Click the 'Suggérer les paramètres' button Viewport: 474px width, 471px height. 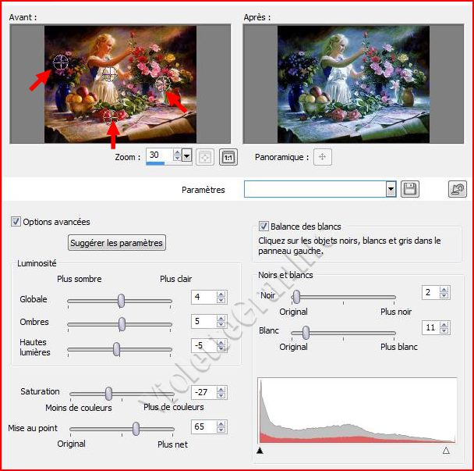[117, 243]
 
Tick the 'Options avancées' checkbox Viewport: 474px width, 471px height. [16, 222]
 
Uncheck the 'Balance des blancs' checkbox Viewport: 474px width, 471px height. [264, 227]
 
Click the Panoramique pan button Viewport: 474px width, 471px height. [322, 157]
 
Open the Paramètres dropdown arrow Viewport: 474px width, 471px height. [391, 189]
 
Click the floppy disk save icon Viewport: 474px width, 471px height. [410, 189]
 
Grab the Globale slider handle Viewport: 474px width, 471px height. [121, 301]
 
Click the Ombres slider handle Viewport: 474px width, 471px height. [122, 324]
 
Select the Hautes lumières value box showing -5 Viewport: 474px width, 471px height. [203, 345]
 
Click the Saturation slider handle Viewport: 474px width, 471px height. [108, 394]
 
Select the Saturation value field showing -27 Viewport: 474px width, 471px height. [204, 392]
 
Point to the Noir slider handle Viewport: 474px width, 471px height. [296, 297]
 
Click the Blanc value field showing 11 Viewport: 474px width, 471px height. [430, 327]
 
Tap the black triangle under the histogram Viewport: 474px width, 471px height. [260, 451]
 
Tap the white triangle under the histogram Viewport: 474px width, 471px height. [446, 451]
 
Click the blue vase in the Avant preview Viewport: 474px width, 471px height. [62, 97]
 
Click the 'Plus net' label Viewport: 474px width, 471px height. [172, 444]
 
